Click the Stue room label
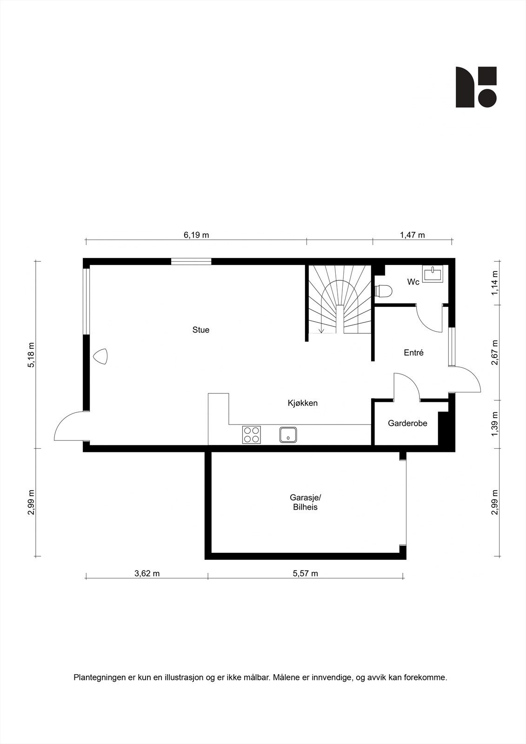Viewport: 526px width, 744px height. tap(201, 330)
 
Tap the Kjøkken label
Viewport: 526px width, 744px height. tap(302, 403)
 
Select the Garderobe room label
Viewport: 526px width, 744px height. tap(407, 423)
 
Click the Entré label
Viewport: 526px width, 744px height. tap(413, 352)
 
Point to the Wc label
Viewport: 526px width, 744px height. tap(413, 282)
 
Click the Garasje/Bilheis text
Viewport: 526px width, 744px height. tap(305, 502)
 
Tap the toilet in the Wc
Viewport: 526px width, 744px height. tap(384, 291)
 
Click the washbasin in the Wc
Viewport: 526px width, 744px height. tap(433, 273)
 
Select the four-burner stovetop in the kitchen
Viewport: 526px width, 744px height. tap(252, 435)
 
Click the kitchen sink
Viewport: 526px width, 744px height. tap(288, 435)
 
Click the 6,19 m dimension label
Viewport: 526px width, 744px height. tap(196, 235)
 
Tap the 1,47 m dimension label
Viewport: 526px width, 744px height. tap(413, 235)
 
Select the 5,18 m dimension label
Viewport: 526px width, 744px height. tap(31, 355)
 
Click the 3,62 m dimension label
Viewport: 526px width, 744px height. tap(147, 573)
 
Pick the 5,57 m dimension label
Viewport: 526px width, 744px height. tap(306, 573)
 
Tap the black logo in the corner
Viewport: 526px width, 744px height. tap(476, 87)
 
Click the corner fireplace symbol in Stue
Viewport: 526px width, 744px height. tap(100, 357)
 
